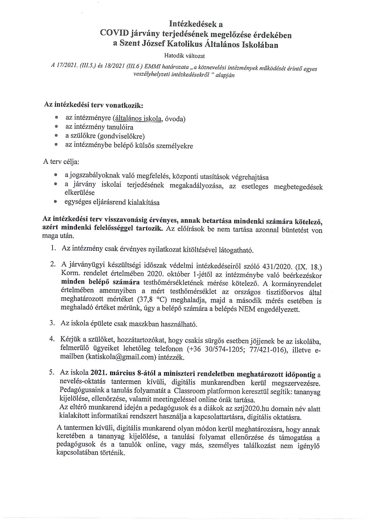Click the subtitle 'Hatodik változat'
[x=184, y=56]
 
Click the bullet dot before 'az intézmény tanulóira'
[x=56, y=127]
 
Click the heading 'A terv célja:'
[x=61, y=162]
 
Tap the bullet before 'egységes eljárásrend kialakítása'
[x=55, y=202]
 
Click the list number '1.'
[x=53, y=248]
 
